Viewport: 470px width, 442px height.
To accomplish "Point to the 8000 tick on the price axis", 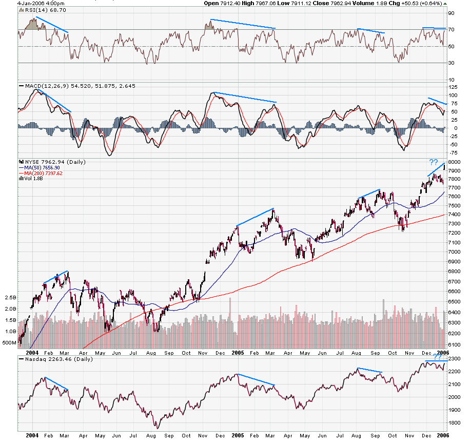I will click(x=455, y=162).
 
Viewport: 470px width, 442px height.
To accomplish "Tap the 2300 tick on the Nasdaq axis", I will click(x=455, y=359).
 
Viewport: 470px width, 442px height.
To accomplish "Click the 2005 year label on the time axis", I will click(x=238, y=353).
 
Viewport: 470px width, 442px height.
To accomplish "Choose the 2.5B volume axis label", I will click(x=9, y=297).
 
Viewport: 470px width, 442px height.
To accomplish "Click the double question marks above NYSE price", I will click(x=434, y=163).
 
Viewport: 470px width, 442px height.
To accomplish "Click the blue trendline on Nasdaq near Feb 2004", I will click(x=56, y=384).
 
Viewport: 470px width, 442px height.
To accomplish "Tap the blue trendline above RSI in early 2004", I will click(x=52, y=24).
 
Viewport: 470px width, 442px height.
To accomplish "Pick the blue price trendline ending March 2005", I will click(x=255, y=217).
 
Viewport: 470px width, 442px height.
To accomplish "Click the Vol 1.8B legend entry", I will click(x=32, y=179).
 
